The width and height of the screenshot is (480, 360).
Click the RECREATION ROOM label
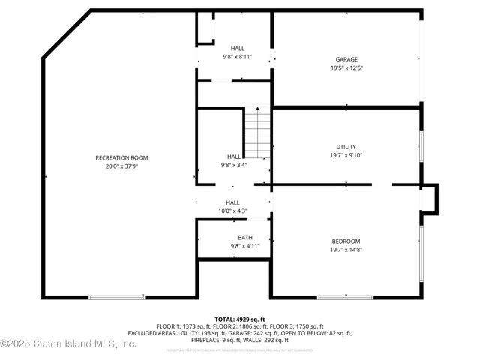point(121,157)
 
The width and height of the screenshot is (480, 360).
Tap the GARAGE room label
point(346,59)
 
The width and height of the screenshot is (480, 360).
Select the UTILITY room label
point(346,147)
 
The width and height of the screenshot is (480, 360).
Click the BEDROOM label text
point(346,241)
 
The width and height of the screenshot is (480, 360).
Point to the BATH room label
point(234,237)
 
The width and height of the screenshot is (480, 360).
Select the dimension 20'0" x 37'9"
point(121,166)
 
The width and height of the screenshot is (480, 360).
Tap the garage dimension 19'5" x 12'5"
point(346,68)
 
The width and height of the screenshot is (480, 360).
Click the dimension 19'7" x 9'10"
point(346,156)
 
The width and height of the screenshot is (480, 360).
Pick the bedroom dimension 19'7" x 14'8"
point(346,250)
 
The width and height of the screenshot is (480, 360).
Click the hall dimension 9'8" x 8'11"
point(237,57)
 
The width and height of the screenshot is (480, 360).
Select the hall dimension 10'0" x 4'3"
point(232,211)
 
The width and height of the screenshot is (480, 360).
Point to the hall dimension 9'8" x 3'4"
point(233,166)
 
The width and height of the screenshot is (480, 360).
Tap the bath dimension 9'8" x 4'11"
point(234,246)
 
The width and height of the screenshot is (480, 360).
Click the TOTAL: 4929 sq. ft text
point(240,319)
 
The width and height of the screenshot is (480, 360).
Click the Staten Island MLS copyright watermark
point(68,344)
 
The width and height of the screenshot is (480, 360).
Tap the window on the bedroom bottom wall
point(344,298)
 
